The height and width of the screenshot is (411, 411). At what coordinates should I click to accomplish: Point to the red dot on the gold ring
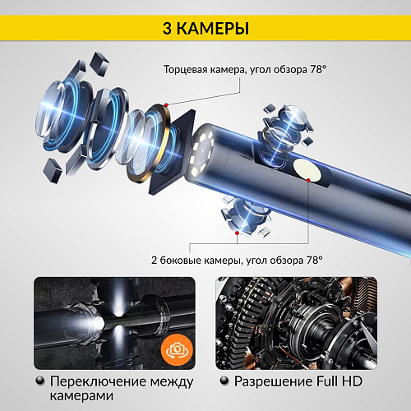[166, 104]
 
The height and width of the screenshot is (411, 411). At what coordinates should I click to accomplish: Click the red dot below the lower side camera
[238, 233]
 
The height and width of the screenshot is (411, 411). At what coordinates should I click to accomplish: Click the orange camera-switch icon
[175, 348]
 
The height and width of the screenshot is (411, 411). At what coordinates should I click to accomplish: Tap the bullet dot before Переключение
[40, 382]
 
